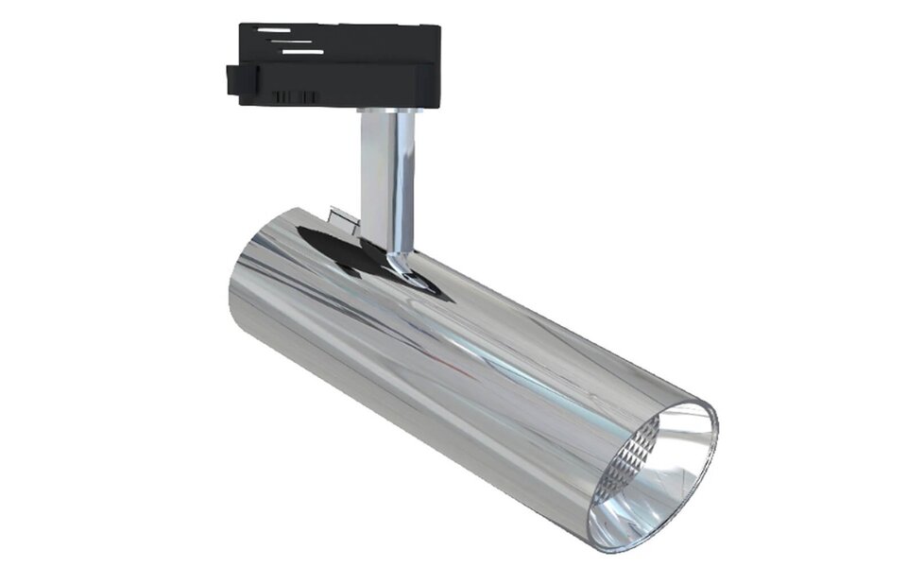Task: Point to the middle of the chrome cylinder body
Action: [453, 369]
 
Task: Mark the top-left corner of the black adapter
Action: [242, 26]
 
